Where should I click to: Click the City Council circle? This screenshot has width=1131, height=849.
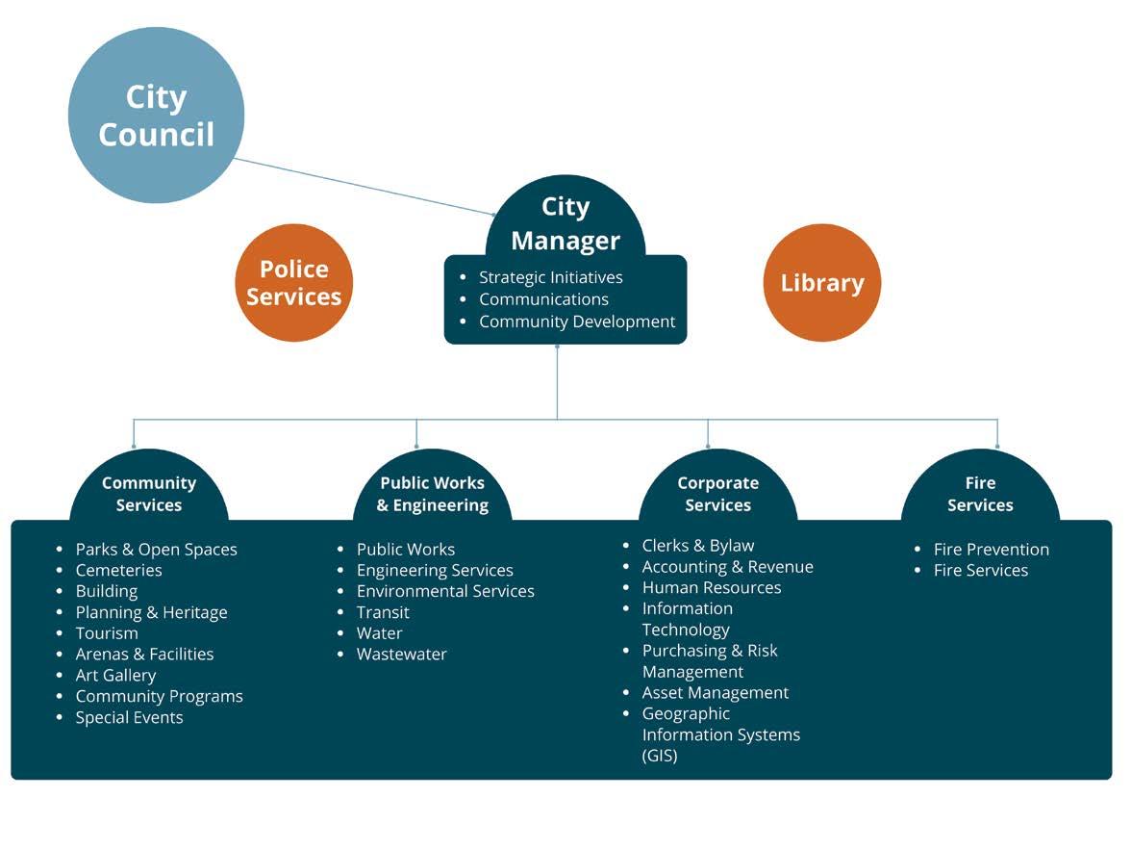(156, 116)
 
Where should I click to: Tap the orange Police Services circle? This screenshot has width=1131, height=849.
(293, 283)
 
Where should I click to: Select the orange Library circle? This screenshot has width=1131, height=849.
(821, 283)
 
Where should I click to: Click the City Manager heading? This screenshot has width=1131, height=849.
(565, 223)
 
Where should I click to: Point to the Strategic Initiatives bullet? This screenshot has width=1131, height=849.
(550, 277)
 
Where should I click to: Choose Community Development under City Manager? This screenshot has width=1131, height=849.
(576, 322)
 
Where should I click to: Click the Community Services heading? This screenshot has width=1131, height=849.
(149, 494)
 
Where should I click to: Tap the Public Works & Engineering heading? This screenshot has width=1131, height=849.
(432, 494)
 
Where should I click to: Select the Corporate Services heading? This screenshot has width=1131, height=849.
(717, 494)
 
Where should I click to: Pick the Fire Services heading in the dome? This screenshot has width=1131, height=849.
(980, 494)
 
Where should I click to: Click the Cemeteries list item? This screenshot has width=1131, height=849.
(118, 570)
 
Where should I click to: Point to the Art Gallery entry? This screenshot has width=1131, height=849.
(115, 675)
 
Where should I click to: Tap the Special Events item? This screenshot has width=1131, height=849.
(129, 717)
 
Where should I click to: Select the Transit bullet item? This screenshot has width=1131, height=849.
(383, 612)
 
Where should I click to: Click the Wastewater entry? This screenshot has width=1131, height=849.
(401, 654)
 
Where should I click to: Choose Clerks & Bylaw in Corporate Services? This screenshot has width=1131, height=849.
(697, 546)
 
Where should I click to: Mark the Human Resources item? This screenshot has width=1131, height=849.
(711, 587)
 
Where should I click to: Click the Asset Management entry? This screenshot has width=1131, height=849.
(715, 692)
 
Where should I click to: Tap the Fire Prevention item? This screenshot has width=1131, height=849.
(991, 550)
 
